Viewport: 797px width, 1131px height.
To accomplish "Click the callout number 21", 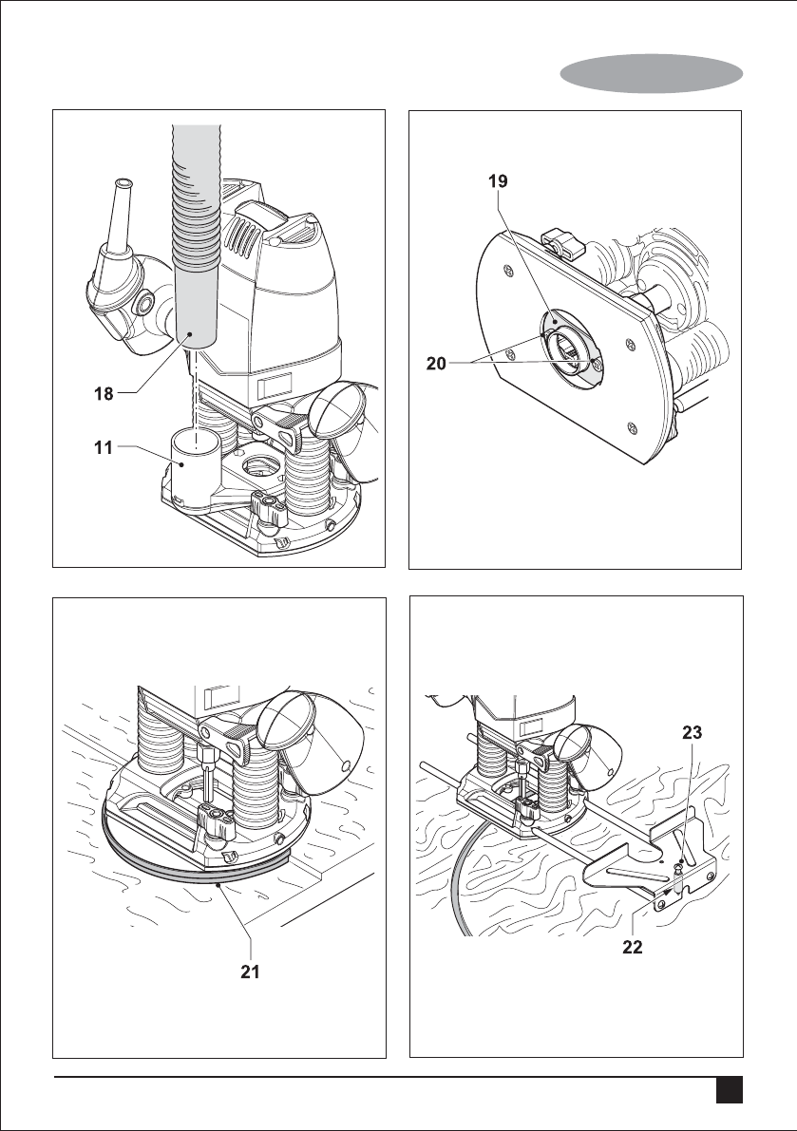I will click(251, 972).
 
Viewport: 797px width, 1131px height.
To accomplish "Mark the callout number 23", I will click(693, 732).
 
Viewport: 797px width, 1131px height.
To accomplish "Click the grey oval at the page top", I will click(652, 73).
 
